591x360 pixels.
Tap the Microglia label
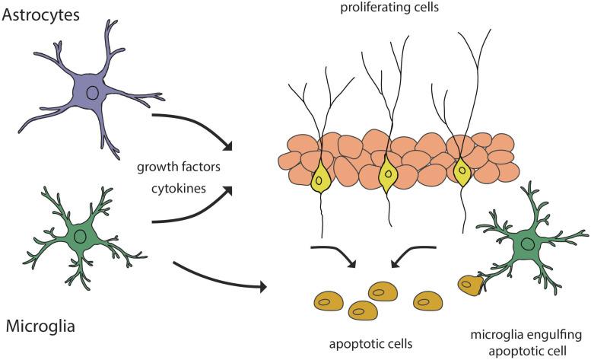[40, 327]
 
